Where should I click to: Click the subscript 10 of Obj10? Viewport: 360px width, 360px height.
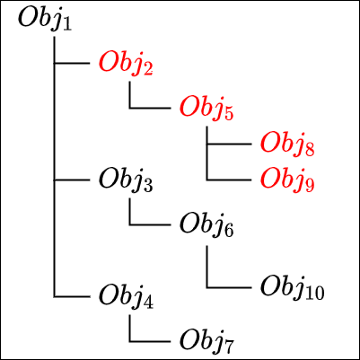(315, 294)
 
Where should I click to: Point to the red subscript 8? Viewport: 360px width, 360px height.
(310, 150)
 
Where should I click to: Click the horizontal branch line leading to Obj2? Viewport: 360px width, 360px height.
(72, 63)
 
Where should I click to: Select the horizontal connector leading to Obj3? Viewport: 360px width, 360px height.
(72, 180)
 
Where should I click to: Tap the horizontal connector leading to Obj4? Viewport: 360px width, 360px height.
(72, 297)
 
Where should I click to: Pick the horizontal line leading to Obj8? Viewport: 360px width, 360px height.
(229, 144)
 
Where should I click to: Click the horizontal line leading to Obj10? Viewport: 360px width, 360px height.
(229, 288)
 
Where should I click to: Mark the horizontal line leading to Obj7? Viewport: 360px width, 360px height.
(150, 341)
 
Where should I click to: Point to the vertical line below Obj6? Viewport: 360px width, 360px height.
(206, 267)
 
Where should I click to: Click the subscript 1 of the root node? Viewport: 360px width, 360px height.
(67, 24)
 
